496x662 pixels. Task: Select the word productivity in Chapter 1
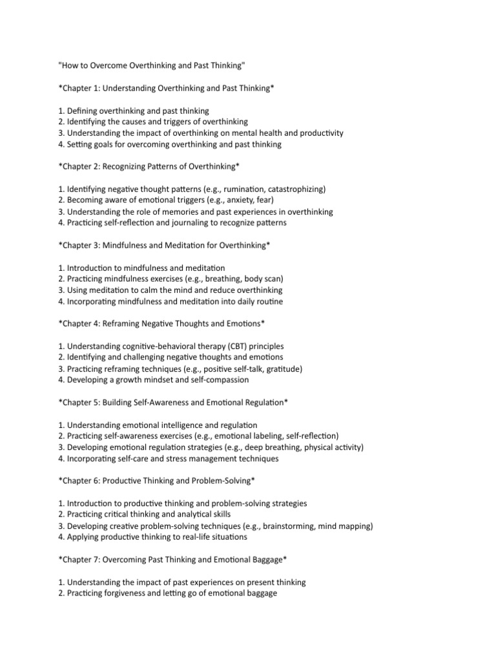point(320,133)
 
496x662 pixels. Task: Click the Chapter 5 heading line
point(173,402)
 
